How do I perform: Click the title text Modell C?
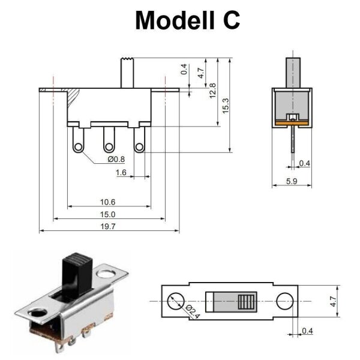tap(187, 20)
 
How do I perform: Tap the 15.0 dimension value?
tap(109, 214)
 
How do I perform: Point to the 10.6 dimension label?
tap(109, 202)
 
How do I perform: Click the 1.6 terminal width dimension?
tap(121, 172)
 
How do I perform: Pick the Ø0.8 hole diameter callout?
tap(116, 159)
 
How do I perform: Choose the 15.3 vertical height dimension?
tap(225, 105)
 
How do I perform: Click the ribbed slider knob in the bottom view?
tap(246, 301)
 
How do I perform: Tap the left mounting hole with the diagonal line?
tap(175, 301)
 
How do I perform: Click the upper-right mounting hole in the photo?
tap(108, 274)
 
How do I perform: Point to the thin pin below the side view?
tap(292, 144)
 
